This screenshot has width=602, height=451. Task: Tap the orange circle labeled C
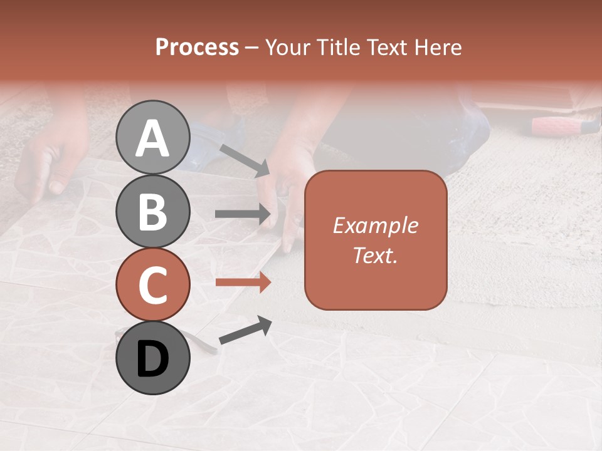pos(153,284)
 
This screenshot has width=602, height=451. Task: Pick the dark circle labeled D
pos(153,358)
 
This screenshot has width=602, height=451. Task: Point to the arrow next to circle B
pos(243,214)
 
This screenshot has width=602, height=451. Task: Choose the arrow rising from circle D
pos(245,330)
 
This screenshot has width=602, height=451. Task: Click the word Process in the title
pos(197,47)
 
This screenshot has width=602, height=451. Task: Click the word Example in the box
pos(375,225)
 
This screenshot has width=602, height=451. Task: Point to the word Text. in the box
pos(375,256)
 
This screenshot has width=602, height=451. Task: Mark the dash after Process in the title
pos(251,48)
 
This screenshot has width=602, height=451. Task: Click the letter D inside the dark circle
pos(153,359)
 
